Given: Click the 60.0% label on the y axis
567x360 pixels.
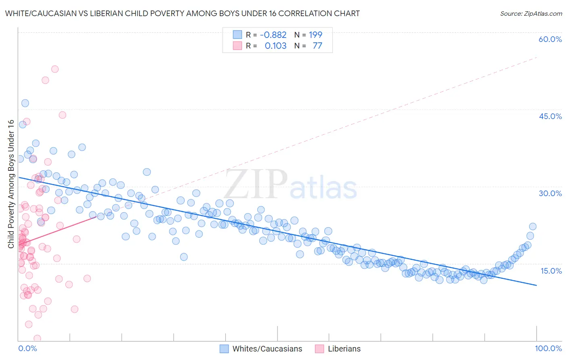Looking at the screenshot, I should tap(550, 39).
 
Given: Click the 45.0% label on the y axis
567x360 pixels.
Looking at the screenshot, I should tap(550, 116).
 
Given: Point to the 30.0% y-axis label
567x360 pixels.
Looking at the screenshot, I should tap(550, 193).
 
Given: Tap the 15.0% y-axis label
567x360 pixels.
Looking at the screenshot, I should tap(551, 270).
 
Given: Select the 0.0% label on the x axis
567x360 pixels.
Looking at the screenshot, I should tap(27, 348).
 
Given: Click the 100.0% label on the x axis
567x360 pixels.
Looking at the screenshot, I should tap(548, 348).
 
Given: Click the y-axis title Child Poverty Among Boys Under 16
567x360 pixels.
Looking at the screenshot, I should tap(11, 184).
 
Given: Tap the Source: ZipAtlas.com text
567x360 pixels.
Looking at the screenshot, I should tap(531, 13).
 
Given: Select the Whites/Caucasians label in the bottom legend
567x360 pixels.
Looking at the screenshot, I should tap(267, 349).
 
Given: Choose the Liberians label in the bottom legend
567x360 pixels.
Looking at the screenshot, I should tap(344, 349).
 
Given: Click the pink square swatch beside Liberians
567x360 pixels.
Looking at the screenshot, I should tap(319, 349).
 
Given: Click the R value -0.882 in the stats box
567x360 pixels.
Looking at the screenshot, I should tap(273, 35).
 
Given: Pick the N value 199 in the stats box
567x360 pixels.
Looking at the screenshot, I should tap(315, 35).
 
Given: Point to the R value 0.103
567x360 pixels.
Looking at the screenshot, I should tap(275, 46).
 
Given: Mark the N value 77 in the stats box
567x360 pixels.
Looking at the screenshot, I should tap(317, 46).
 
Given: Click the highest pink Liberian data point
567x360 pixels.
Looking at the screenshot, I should tap(55, 69).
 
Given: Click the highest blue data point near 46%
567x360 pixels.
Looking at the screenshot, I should tap(25, 103).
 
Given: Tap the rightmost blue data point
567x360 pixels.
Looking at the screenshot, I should tap(532, 226).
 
